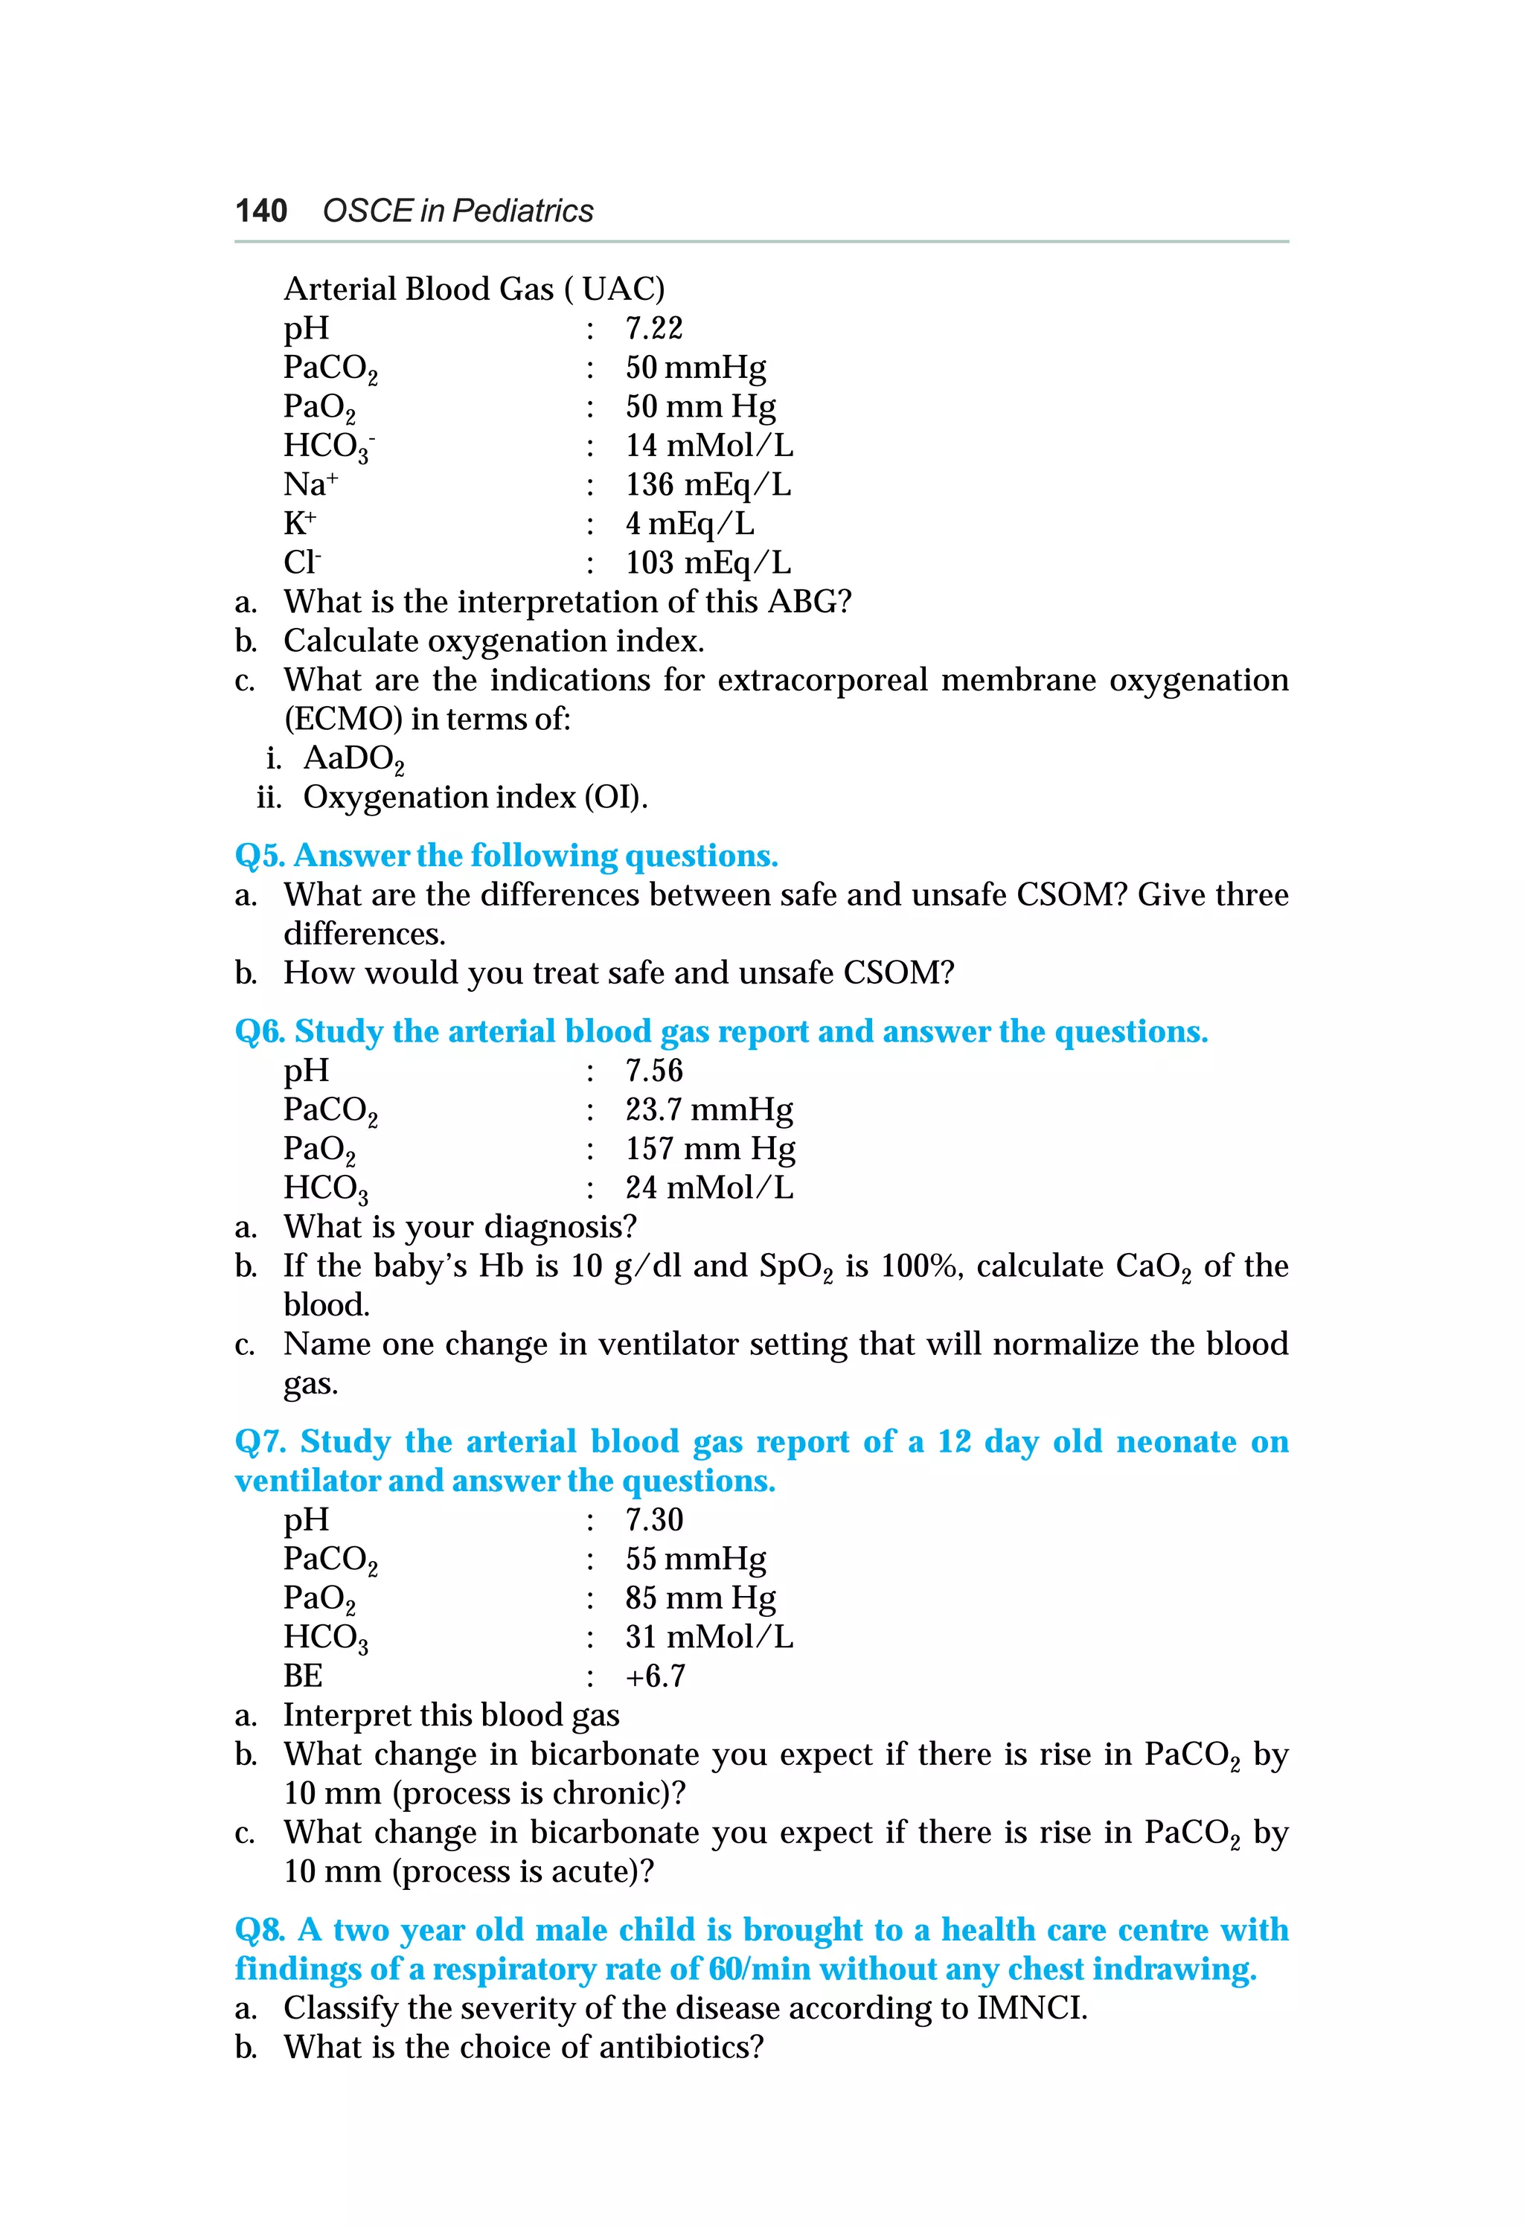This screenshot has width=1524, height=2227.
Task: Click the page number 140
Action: pyautogui.click(x=260, y=211)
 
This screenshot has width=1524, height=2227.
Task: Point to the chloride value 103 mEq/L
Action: pyautogui.click(x=708, y=563)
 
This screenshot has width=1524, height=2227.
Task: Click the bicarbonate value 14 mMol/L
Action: pyautogui.click(x=708, y=446)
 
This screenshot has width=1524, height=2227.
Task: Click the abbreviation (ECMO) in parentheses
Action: pyautogui.click(x=342, y=719)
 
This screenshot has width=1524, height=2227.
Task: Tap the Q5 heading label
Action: pyautogui.click(x=260, y=856)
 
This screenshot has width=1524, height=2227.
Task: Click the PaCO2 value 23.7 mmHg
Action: pyautogui.click(x=708, y=1109)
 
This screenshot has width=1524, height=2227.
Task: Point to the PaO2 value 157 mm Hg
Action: pyautogui.click(x=709, y=1148)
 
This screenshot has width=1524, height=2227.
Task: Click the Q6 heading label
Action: pyautogui.click(x=260, y=1032)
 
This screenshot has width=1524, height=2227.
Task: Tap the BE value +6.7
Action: pyautogui.click(x=655, y=1676)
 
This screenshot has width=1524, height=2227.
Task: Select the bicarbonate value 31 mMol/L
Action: pyautogui.click(x=708, y=1637)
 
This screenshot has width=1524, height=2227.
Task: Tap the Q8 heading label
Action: pyautogui.click(x=260, y=1930)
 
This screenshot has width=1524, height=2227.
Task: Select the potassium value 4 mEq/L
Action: pyautogui.click(x=689, y=524)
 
